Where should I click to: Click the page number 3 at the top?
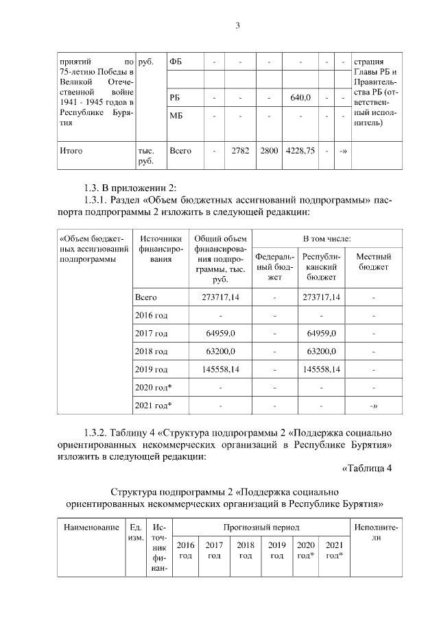(237, 26)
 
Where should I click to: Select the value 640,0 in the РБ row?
(301, 98)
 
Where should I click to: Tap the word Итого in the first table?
(72, 151)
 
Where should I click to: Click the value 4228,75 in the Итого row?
(301, 151)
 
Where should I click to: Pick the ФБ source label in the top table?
(176, 62)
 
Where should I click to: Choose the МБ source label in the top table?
(176, 116)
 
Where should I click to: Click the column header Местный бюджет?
(374, 262)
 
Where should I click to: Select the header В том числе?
(328, 238)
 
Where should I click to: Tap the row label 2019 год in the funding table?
(152, 369)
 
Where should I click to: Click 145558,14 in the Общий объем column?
(220, 369)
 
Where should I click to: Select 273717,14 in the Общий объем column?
(220, 298)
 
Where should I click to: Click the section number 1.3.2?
(98, 433)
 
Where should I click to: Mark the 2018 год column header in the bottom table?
(245, 549)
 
